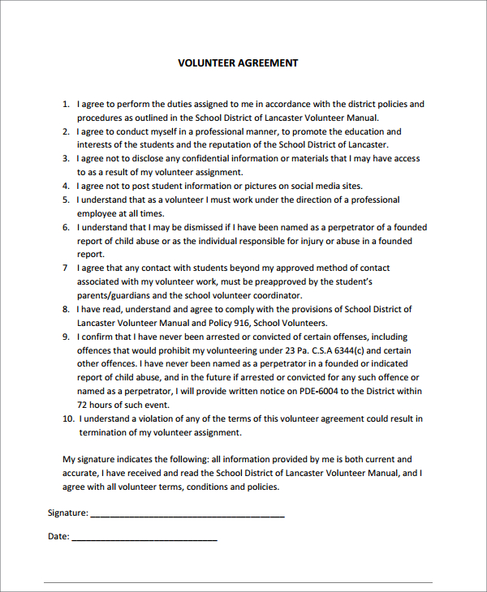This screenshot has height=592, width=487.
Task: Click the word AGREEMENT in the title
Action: click(267, 63)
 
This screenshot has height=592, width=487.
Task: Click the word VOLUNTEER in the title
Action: click(206, 63)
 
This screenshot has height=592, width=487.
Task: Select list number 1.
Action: click(66, 105)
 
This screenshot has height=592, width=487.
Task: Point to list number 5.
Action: click(66, 199)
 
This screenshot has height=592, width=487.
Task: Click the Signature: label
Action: click(67, 513)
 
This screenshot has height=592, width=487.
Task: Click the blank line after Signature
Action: click(187, 515)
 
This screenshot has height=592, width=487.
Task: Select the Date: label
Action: click(58, 537)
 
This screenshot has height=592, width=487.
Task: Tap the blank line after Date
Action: click(144, 538)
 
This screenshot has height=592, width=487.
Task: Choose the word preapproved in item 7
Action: click(273, 282)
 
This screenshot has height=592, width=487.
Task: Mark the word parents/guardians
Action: click(111, 296)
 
